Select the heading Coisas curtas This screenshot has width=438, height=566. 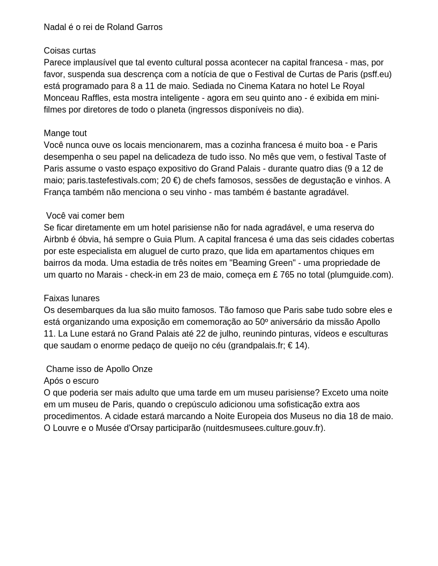(x=70, y=51)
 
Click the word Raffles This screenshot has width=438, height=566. (x=99, y=98)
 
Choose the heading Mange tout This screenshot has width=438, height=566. (x=65, y=133)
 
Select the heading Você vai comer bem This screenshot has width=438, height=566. (x=85, y=216)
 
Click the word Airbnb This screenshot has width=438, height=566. (x=59, y=240)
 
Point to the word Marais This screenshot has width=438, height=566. (x=110, y=275)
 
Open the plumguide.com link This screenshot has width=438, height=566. (x=360, y=275)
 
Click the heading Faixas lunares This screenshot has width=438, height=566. (x=71, y=299)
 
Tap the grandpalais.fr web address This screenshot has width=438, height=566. (x=257, y=346)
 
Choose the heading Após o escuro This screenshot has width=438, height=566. (x=71, y=381)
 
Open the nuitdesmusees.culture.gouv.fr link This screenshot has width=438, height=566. (x=264, y=428)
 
